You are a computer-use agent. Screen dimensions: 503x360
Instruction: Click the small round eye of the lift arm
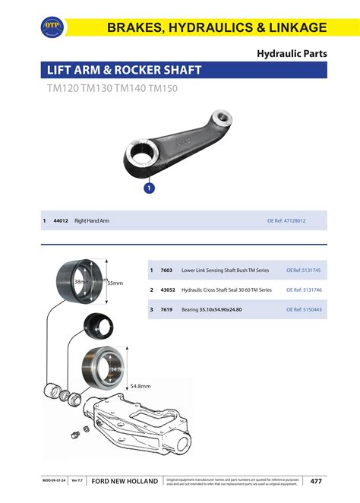(221, 119)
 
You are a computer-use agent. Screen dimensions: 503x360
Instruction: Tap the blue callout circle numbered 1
(150, 186)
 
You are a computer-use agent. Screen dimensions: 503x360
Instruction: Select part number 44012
(61, 220)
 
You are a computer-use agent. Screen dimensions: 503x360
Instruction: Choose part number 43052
(168, 289)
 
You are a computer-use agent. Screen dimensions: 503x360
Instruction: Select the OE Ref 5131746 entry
(303, 289)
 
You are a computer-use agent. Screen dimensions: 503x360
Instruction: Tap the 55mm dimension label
(115, 283)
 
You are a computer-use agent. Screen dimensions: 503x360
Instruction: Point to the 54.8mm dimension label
(141, 386)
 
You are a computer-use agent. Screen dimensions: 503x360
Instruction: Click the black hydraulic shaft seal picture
(97, 324)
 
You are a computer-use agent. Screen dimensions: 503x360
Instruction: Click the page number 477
(316, 481)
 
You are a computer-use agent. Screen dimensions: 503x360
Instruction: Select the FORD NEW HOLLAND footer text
(125, 481)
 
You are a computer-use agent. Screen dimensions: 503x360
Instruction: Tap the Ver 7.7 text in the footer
(76, 481)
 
